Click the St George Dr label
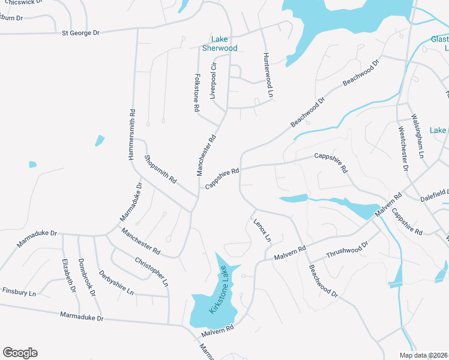[80, 32]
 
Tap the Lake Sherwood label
[220, 44]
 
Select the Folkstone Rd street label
[196, 93]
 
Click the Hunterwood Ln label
[268, 75]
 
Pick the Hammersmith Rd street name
[131, 134]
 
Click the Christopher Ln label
[151, 271]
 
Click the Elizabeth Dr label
[68, 275]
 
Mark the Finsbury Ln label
[19, 292]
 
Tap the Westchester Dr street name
[403, 149]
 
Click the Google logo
[20, 353]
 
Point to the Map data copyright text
[423, 355]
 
